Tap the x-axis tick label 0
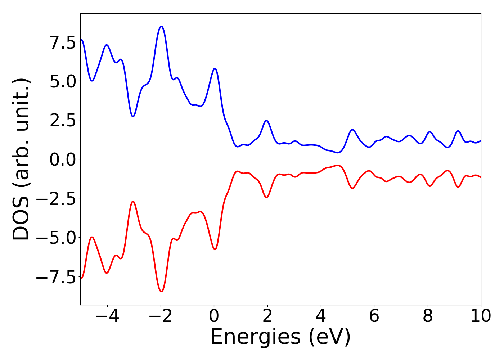click(214, 316)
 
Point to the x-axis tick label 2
click(267, 316)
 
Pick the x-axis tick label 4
click(320, 316)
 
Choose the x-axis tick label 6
click(374, 316)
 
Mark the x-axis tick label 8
click(427, 316)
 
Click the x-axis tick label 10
click(481, 316)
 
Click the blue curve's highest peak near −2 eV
click(161, 26)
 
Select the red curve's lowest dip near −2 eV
click(161, 292)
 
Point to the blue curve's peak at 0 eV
click(215, 68)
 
